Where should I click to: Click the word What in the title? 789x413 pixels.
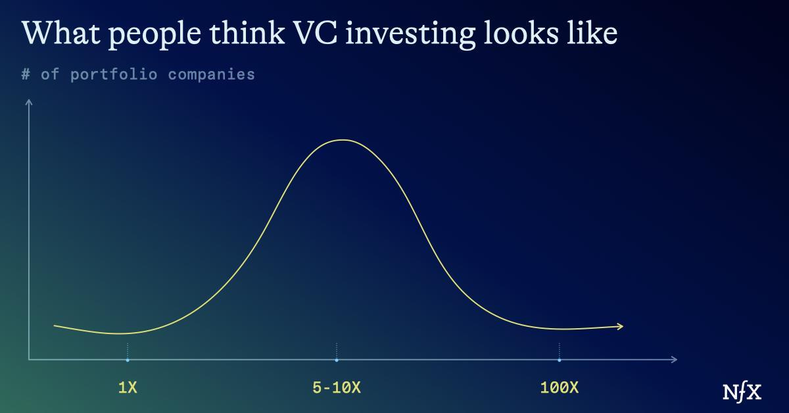60,33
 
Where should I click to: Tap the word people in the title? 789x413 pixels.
155,36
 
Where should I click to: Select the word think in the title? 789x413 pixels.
247,33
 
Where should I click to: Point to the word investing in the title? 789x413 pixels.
410,36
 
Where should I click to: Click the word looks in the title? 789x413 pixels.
521,33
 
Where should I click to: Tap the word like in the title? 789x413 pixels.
592,33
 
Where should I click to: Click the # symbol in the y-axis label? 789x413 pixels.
26,74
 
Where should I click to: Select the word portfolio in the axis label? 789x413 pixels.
113,75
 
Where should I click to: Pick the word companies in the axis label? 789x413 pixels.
211,75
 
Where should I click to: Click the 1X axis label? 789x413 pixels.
128,387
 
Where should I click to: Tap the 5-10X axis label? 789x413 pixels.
337,387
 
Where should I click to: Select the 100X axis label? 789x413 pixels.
559,387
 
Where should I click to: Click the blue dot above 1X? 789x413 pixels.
128,360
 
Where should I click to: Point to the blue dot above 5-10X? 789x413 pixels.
337,360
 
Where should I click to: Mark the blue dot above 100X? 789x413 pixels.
559,360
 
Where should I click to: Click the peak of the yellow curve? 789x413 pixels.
343,140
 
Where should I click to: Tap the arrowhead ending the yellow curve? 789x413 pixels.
621,326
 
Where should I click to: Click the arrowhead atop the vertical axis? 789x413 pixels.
29,101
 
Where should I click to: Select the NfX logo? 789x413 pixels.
742,392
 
